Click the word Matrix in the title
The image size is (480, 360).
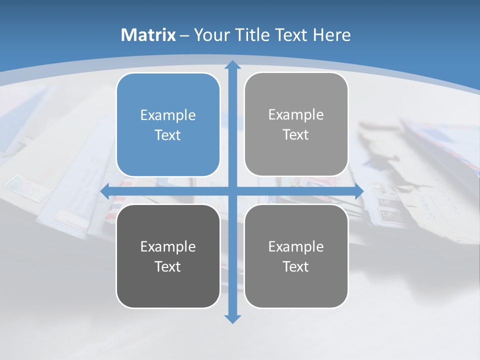[148, 35]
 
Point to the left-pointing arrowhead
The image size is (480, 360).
[105, 191]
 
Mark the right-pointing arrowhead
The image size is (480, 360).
[359, 191]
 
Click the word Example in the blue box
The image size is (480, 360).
[168, 115]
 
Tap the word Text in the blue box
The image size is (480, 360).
[168, 135]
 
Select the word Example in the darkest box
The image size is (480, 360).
[168, 246]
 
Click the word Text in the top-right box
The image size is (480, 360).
[296, 135]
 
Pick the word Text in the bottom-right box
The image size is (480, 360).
[296, 266]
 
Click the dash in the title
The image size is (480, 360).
[184, 35]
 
